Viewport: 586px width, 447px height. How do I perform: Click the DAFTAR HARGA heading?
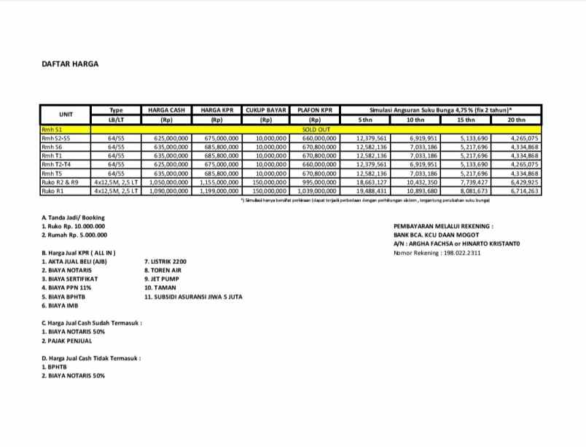tap(69, 63)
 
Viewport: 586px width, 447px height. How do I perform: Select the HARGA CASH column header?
tap(165, 109)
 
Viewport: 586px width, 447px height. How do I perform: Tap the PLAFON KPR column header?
tap(315, 109)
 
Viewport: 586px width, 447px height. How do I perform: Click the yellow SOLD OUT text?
tap(315, 128)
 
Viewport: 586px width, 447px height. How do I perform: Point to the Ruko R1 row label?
tap(53, 191)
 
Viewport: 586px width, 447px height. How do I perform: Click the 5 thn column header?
tap(364, 120)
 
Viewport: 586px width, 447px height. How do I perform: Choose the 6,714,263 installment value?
tap(524, 191)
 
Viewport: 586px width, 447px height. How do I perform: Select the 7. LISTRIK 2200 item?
tap(166, 261)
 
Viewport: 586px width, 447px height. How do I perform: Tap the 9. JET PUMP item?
tap(162, 279)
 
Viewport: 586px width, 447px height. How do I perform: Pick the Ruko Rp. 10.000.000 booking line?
tap(74, 226)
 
